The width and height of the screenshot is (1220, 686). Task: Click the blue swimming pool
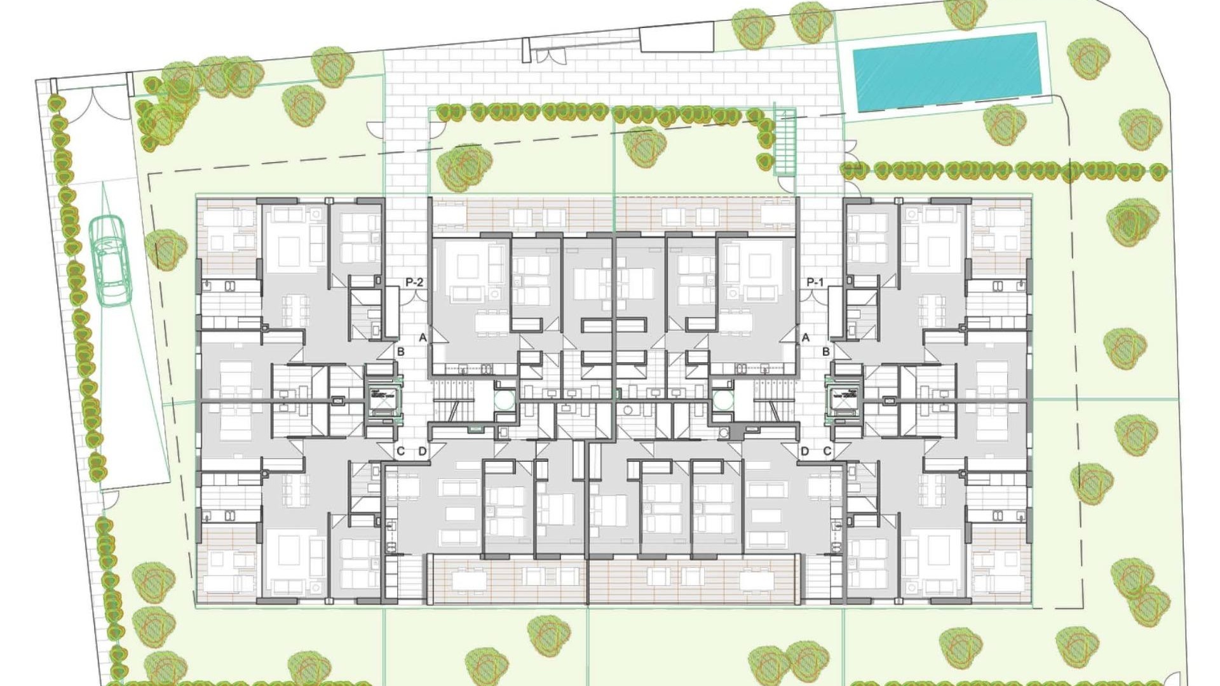point(946,72)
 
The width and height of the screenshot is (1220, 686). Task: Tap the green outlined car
point(109,260)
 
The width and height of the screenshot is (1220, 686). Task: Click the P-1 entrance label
point(815,282)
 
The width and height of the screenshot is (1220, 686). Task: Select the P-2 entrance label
point(414,282)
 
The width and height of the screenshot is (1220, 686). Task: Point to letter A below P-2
point(423,337)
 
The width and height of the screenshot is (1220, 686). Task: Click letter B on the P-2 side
point(400,351)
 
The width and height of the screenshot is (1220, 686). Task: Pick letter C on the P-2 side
point(400,452)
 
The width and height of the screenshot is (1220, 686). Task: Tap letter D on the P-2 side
point(423,452)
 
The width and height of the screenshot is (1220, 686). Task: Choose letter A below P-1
point(806,337)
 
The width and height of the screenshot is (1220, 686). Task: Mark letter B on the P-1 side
point(826,351)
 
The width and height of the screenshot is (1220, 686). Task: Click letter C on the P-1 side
point(827,452)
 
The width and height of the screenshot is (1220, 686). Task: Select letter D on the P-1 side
point(805,452)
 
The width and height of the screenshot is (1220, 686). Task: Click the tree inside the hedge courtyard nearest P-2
point(464,166)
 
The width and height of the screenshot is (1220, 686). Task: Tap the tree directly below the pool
point(1005,124)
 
